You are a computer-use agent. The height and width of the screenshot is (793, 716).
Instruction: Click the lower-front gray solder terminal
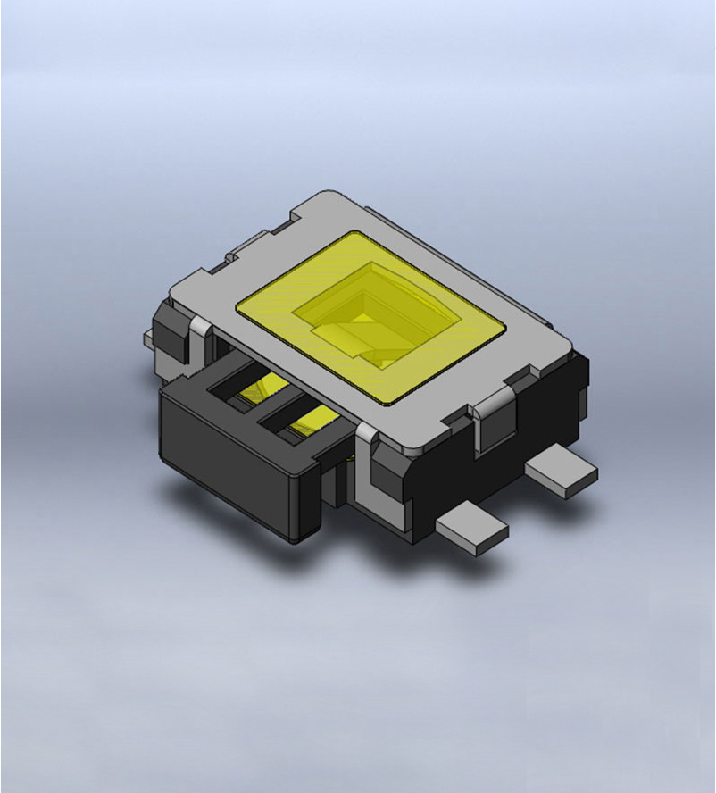(x=473, y=532)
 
